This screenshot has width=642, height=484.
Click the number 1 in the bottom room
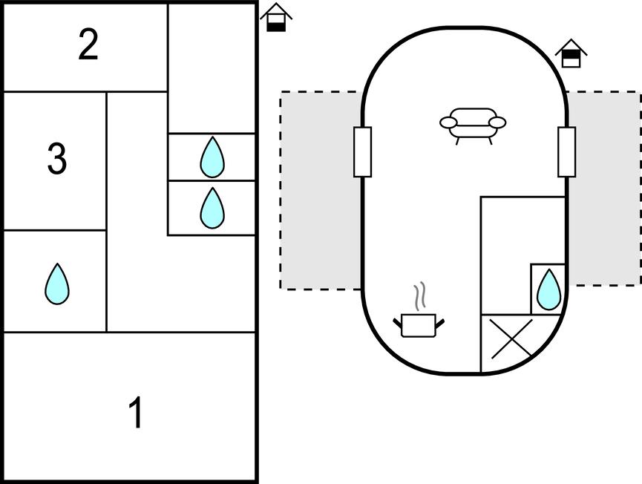coord(136,413)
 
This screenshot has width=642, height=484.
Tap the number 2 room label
coord(88,46)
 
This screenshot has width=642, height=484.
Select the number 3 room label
coord(56,159)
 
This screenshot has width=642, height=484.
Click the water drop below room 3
coord(57,284)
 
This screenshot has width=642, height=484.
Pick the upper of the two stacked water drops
coord(212,157)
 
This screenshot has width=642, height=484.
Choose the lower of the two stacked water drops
coord(212,208)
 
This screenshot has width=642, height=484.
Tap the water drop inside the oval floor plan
coord(548,289)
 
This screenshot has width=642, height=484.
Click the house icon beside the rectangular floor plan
coord(276,18)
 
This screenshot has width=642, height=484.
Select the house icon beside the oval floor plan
coord(571,54)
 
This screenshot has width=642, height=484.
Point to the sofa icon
coord(473,123)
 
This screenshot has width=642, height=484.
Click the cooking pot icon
coord(418,324)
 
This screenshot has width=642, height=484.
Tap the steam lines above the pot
coord(421,295)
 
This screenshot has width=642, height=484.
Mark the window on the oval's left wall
coord(362,151)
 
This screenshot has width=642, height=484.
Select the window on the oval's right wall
coord(566,151)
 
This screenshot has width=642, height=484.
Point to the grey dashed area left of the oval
coord(320,190)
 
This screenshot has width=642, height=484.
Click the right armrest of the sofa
coord(497,122)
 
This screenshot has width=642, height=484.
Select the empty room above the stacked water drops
coord(212,68)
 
